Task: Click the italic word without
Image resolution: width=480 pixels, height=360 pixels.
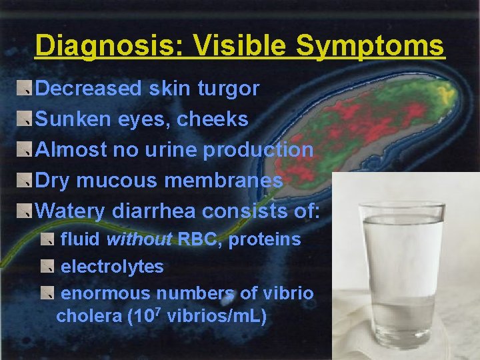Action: pos(139,239)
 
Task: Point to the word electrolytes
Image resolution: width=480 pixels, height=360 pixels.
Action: pos(112,267)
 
